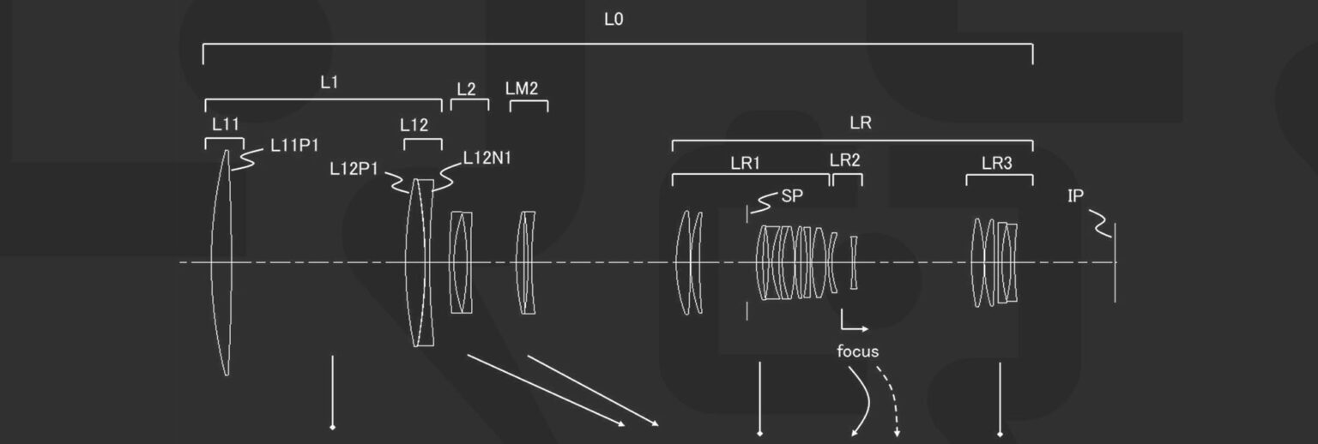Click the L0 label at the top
(x=614, y=20)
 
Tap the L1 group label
(x=329, y=82)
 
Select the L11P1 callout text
(x=294, y=145)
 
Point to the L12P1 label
(x=354, y=169)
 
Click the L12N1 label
(x=487, y=158)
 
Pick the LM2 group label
(x=522, y=88)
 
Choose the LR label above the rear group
(x=861, y=123)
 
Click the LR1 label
(x=745, y=164)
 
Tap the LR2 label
(x=845, y=160)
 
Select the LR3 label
(x=997, y=163)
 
